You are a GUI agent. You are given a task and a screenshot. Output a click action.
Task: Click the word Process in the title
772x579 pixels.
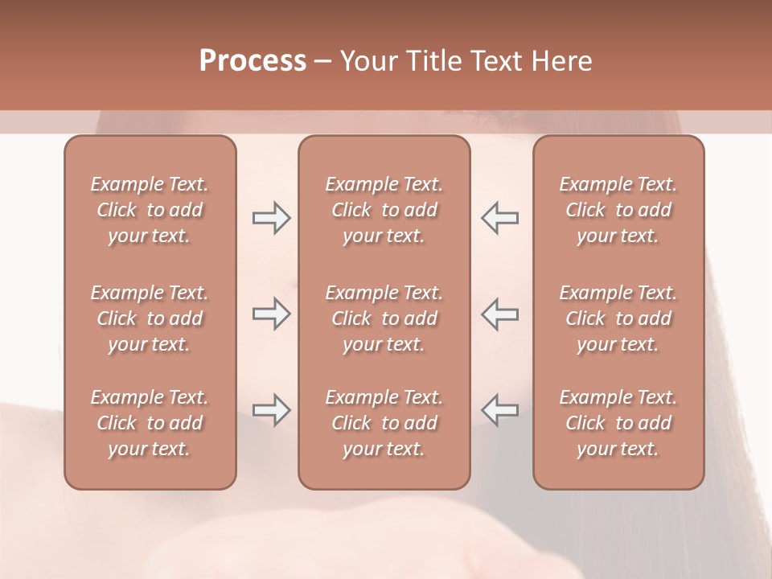click(x=253, y=61)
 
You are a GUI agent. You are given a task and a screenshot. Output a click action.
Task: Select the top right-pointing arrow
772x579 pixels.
click(x=271, y=218)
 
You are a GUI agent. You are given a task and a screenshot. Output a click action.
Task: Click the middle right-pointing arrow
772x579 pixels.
click(x=271, y=314)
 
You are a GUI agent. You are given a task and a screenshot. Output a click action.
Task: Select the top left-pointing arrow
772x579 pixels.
click(x=500, y=218)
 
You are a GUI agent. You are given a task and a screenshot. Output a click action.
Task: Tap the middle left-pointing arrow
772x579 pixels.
click(x=500, y=314)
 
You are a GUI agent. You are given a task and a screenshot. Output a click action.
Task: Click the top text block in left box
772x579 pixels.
click(x=150, y=210)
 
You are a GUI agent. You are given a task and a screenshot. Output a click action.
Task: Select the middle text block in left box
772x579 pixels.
click(x=150, y=318)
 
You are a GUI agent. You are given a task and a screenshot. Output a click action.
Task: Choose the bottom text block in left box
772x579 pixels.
click(x=150, y=423)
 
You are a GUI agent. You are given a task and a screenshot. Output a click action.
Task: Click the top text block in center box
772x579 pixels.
click(x=384, y=210)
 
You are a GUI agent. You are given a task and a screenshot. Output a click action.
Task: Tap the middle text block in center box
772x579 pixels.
click(x=384, y=318)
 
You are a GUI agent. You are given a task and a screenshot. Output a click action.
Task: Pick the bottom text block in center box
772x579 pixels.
click(x=384, y=423)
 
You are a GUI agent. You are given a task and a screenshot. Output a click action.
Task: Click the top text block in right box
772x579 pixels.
click(x=618, y=210)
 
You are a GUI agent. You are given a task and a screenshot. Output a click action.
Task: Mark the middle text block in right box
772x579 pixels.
click(x=618, y=318)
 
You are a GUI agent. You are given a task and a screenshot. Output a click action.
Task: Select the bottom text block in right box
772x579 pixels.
click(x=618, y=423)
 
